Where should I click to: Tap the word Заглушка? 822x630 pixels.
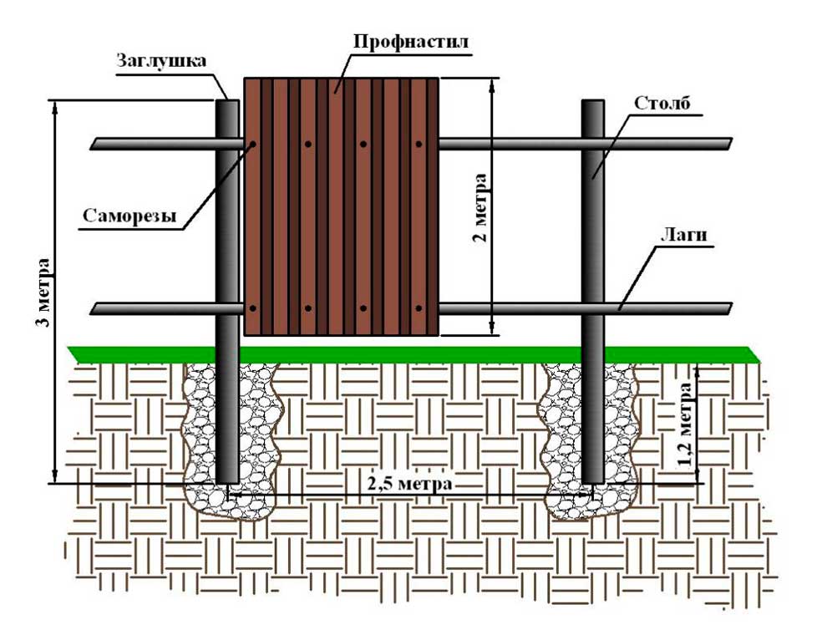[x=161, y=62]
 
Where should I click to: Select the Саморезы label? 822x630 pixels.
[x=129, y=216]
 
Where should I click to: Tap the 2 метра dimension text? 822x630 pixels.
[x=479, y=207]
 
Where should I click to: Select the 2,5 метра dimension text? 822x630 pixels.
[x=409, y=484]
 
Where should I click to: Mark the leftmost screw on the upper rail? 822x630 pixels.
[x=251, y=145]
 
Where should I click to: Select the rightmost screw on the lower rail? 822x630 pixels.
[x=417, y=309]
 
